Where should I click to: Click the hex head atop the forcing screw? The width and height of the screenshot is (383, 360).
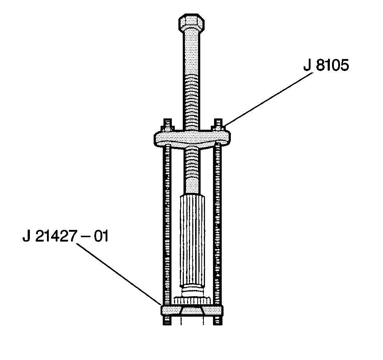pyautogui.click(x=191, y=23)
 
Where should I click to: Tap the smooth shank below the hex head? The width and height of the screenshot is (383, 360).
pyautogui.click(x=191, y=55)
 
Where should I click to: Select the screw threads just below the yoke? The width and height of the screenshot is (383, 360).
pyautogui.click(x=191, y=168)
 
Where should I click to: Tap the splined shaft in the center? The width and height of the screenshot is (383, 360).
pyautogui.click(x=192, y=240)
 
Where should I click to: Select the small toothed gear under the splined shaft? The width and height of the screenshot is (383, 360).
pyautogui.click(x=192, y=301)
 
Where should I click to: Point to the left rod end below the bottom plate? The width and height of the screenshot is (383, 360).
pyautogui.click(x=166, y=320)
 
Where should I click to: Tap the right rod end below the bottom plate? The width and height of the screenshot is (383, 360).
pyautogui.click(x=217, y=320)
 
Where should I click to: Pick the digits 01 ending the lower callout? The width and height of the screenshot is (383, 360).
pyautogui.click(x=100, y=237)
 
